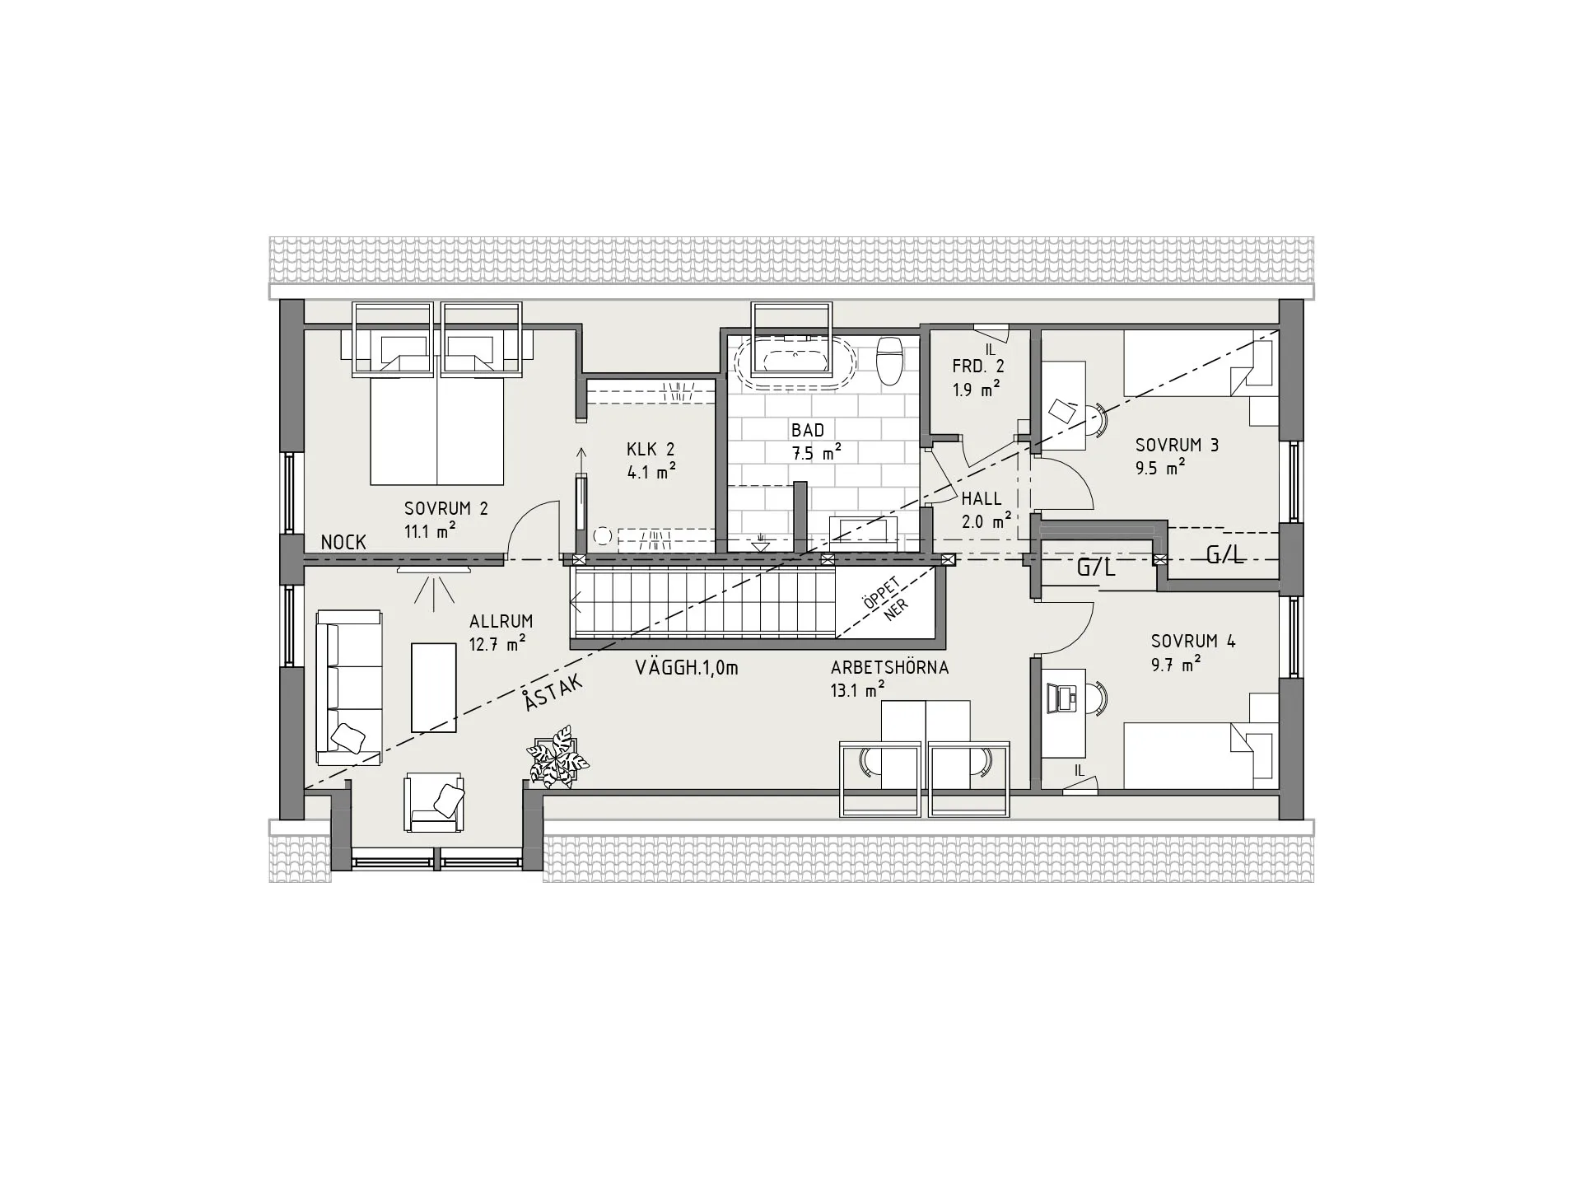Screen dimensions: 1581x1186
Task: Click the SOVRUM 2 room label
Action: (x=446, y=508)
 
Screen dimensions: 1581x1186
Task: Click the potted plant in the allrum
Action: (x=558, y=756)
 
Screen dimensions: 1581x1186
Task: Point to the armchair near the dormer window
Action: (x=433, y=802)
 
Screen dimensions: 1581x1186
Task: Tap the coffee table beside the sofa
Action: (x=434, y=688)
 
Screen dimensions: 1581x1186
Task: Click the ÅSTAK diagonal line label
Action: (x=553, y=691)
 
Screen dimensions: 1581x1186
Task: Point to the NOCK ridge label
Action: (x=343, y=542)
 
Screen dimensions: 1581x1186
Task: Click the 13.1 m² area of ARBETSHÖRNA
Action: (x=858, y=690)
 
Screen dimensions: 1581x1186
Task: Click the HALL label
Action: (x=982, y=498)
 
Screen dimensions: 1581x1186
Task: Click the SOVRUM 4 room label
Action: (x=1193, y=641)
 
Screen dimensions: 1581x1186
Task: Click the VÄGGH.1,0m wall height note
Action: (x=687, y=668)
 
